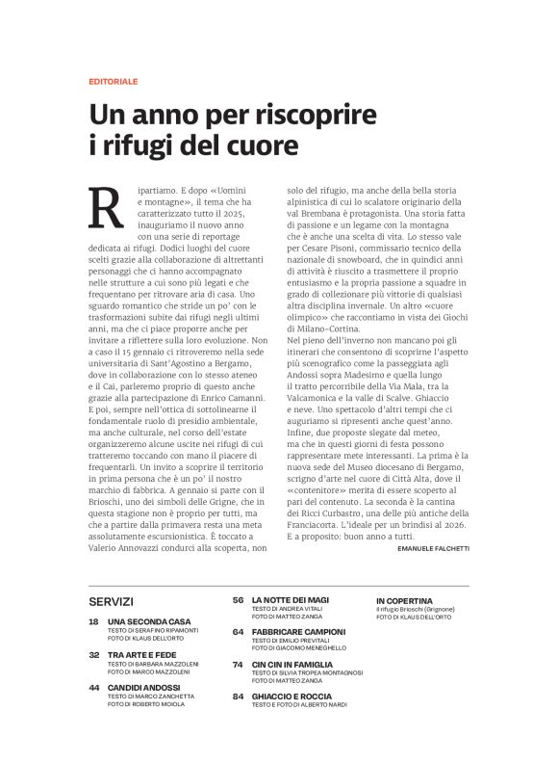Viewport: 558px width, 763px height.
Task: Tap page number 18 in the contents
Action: [x=93, y=623]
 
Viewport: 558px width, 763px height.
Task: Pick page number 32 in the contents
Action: [x=93, y=655]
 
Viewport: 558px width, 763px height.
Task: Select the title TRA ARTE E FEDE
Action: [x=141, y=655]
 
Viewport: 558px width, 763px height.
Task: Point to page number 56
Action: [x=238, y=600]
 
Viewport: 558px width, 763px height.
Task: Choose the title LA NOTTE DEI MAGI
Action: [x=292, y=600]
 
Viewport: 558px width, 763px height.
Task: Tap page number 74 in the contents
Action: [x=238, y=664]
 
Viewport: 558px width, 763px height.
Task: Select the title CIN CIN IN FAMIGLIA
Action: [x=294, y=664]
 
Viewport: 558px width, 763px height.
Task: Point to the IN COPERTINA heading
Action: [x=404, y=600]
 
